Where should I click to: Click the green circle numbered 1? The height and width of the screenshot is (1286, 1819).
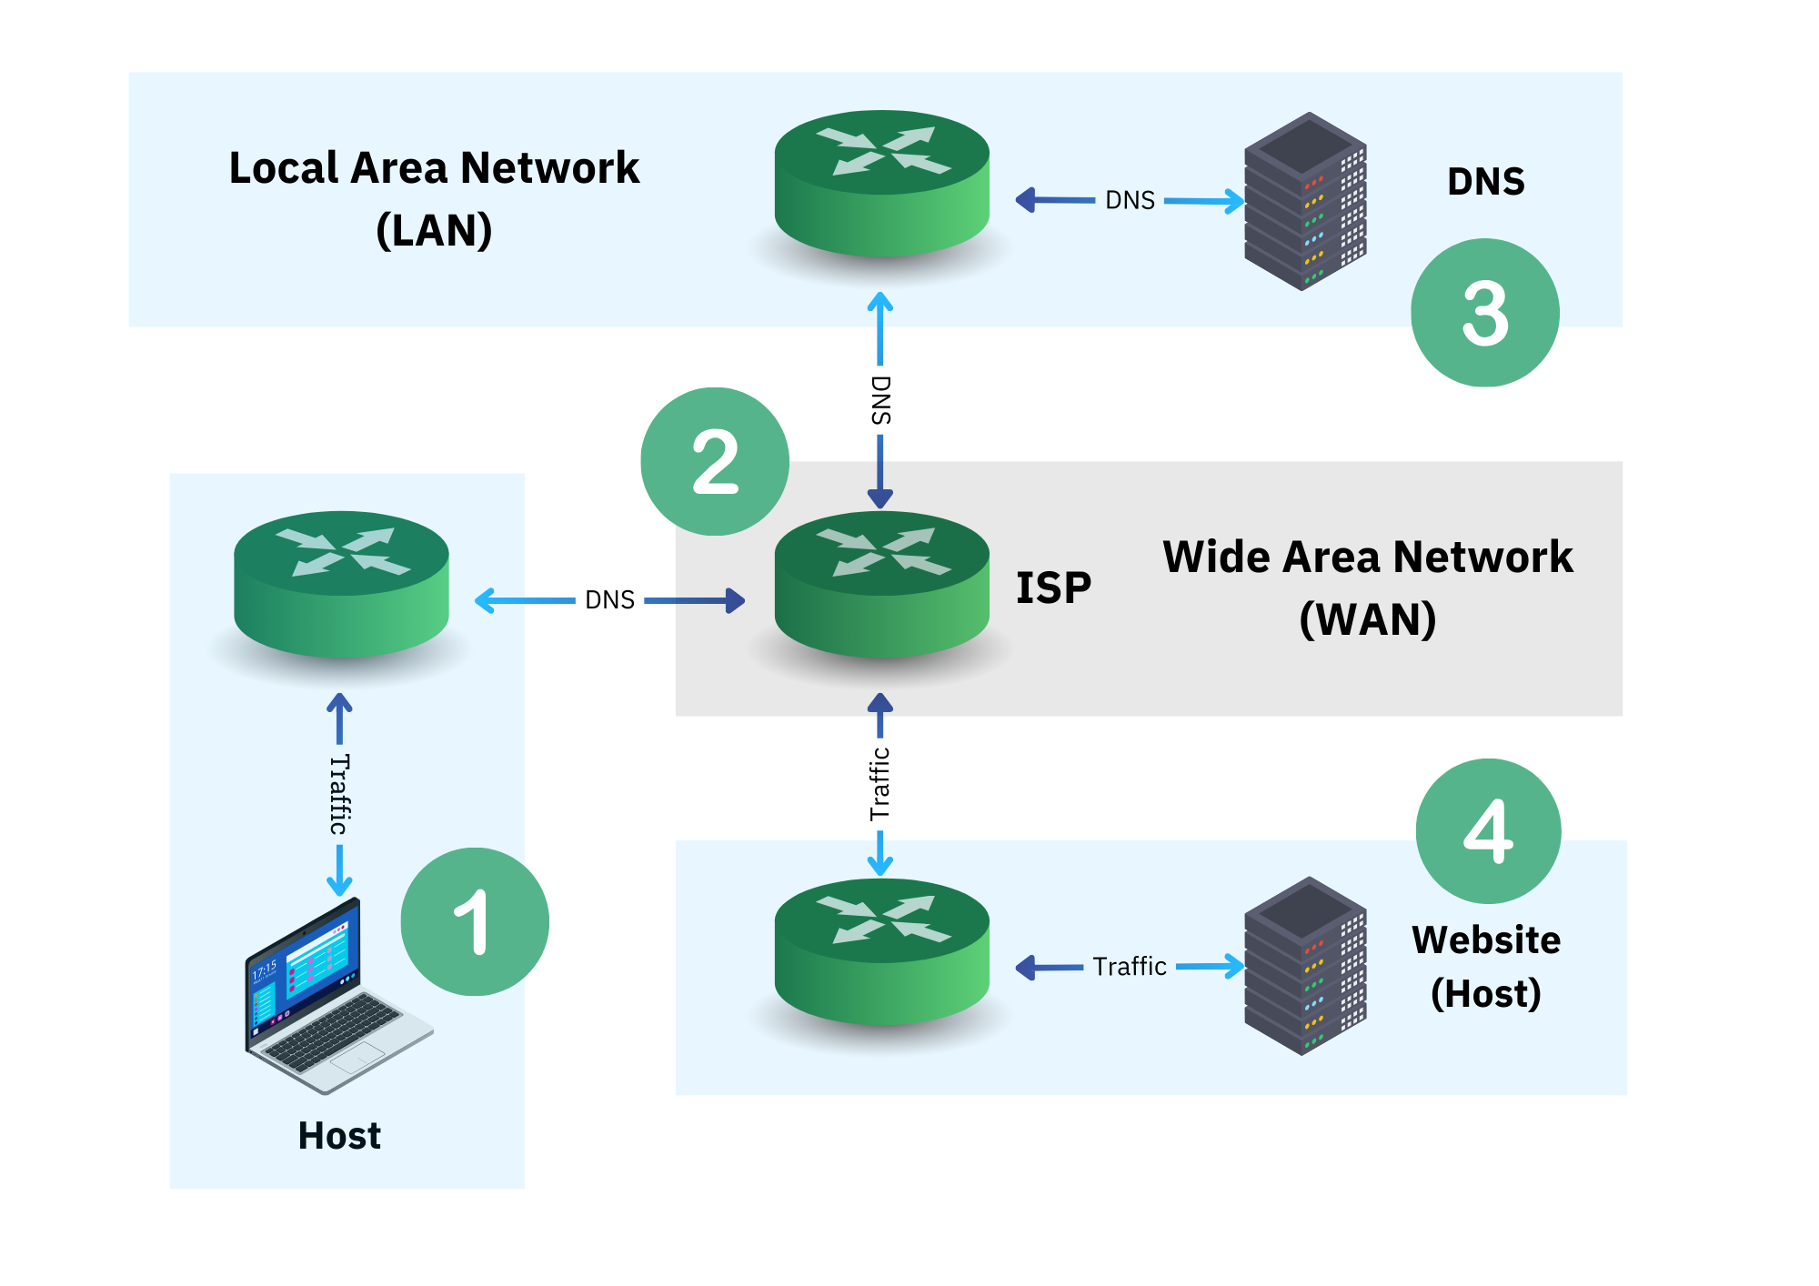pyautogui.click(x=475, y=921)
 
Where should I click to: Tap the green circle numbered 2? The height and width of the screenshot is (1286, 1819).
pyautogui.click(x=715, y=461)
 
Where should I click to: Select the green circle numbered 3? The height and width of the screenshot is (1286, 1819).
pyautogui.click(x=1484, y=312)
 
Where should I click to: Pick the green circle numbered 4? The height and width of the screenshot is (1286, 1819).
pyautogui.click(x=1488, y=830)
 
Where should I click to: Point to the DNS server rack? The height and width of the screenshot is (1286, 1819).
pyautogui.click(x=1305, y=201)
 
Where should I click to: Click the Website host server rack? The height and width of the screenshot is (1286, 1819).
pyautogui.click(x=1305, y=965)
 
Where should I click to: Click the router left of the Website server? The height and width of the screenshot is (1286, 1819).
pyautogui.click(x=881, y=951)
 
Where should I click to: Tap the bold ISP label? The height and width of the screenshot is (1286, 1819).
pyautogui.click(x=1053, y=588)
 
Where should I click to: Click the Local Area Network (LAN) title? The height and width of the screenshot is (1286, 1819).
pyautogui.click(x=434, y=198)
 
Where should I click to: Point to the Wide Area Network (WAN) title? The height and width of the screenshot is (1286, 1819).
pyautogui.click(x=1367, y=588)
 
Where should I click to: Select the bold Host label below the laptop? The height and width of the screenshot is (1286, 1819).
pyautogui.click(x=339, y=1136)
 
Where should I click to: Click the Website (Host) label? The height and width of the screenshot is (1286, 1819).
pyautogui.click(x=1485, y=966)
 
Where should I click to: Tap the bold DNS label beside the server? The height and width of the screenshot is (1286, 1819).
pyautogui.click(x=1485, y=182)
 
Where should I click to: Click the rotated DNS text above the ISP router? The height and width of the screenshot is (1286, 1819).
pyautogui.click(x=880, y=400)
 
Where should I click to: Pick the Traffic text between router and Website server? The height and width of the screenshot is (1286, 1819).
pyautogui.click(x=1130, y=966)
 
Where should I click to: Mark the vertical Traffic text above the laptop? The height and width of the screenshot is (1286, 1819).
pyautogui.click(x=339, y=794)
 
